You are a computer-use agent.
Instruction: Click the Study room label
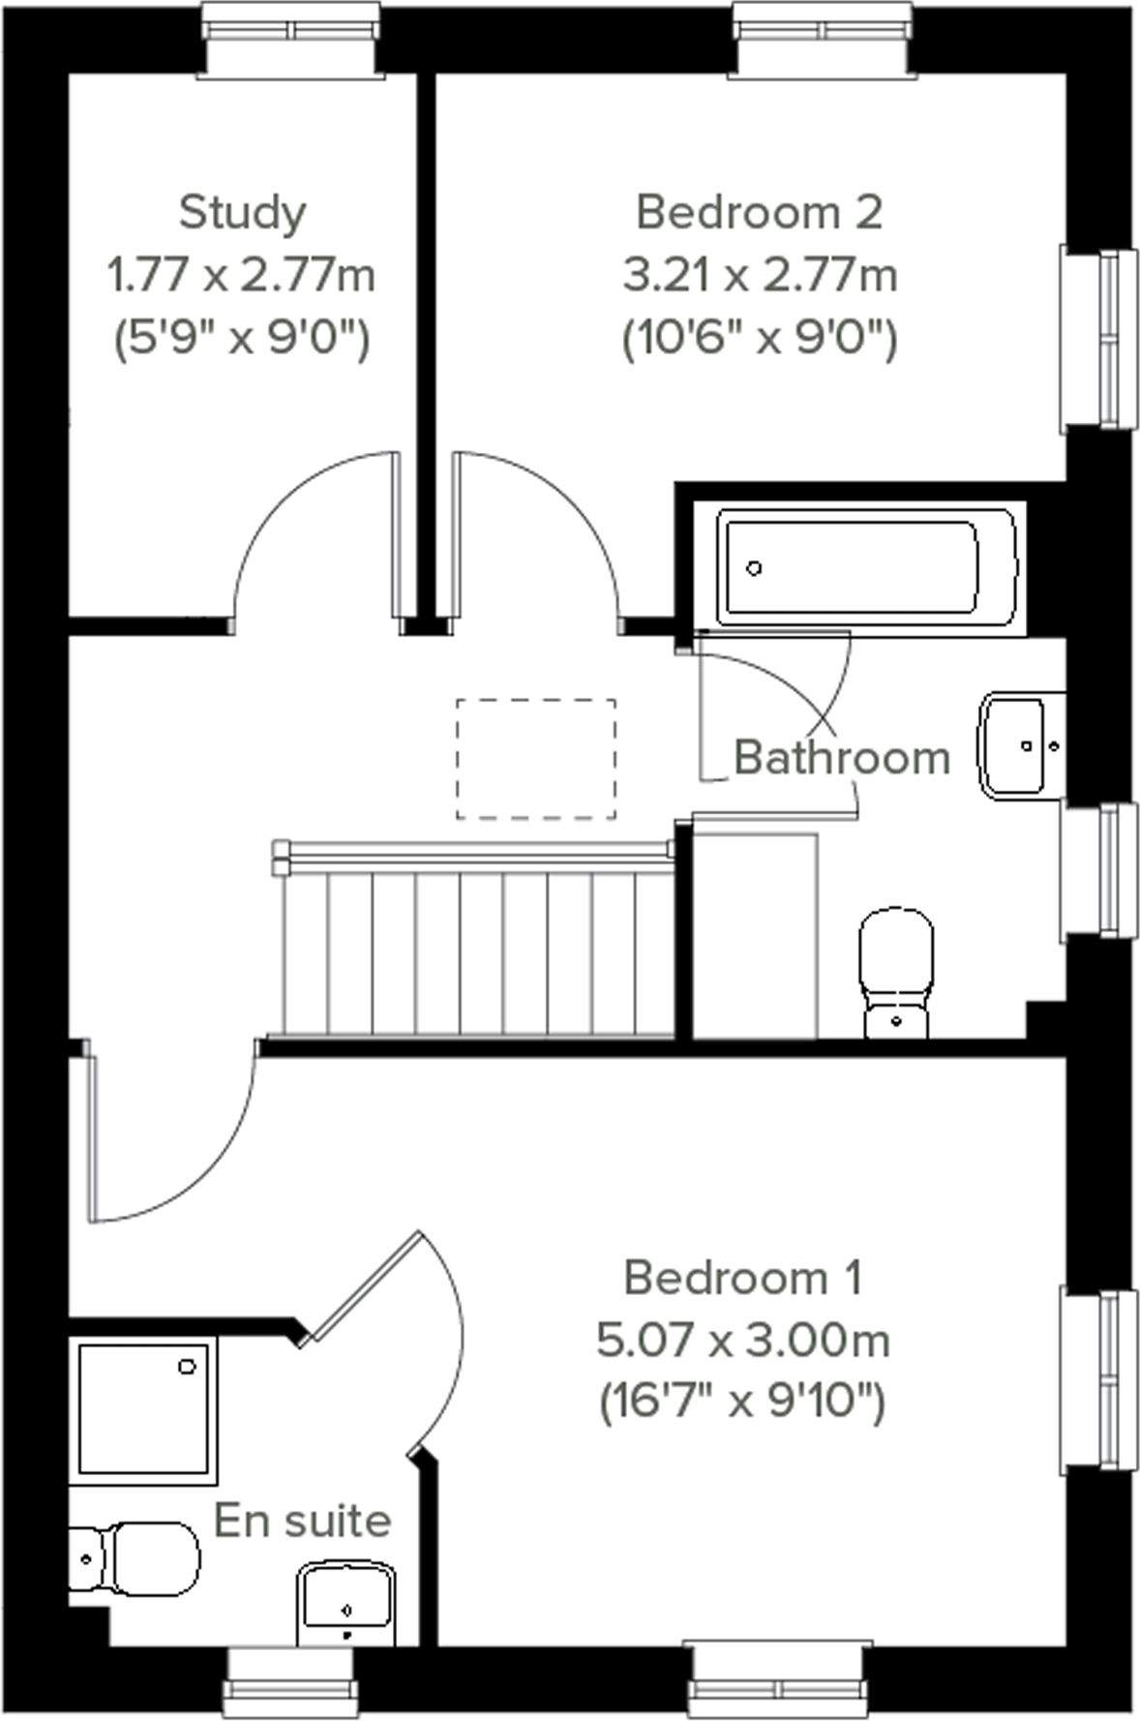(x=242, y=212)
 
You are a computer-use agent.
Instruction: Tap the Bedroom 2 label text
(x=759, y=212)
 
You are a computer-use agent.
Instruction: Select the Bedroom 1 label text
(x=742, y=1278)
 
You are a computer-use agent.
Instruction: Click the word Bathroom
(x=842, y=757)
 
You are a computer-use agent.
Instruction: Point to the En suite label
(x=302, y=1521)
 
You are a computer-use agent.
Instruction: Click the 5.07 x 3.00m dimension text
(x=742, y=1341)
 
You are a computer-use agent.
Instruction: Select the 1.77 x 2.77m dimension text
(x=242, y=276)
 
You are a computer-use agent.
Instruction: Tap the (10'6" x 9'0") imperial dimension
(x=759, y=339)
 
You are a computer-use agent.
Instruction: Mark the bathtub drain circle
(x=755, y=568)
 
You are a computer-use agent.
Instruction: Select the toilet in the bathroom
(x=897, y=973)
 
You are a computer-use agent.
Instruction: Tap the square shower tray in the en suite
(x=143, y=1410)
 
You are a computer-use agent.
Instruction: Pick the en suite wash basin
(x=345, y=1602)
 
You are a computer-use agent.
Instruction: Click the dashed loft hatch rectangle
(x=535, y=759)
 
